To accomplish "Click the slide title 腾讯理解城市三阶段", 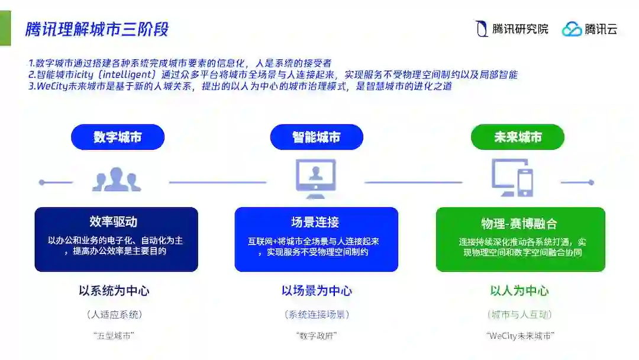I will tap(97, 29).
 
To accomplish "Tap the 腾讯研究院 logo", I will tap(512, 29).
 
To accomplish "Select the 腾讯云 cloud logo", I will tap(589, 29).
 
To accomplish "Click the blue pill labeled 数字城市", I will tap(117, 137).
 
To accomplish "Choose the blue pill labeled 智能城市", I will tap(317, 137).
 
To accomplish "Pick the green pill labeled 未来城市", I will tap(517, 137).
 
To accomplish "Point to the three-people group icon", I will tap(117, 179).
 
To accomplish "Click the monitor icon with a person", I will tap(316, 179).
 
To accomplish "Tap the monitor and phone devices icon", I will tap(512, 178).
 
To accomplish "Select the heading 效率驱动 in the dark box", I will tap(114, 222).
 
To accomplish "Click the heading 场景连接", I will tap(315, 223).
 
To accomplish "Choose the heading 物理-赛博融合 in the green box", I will tap(519, 224).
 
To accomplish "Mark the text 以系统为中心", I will tap(114, 291).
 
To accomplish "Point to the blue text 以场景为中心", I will tap(317, 291).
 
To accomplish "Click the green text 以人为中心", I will tap(519, 291).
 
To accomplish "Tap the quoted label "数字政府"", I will tap(317, 336).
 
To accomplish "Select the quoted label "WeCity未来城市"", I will tap(520, 336).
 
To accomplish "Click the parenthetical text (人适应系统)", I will tap(114, 314).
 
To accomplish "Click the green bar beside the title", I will tap(5, 28).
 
